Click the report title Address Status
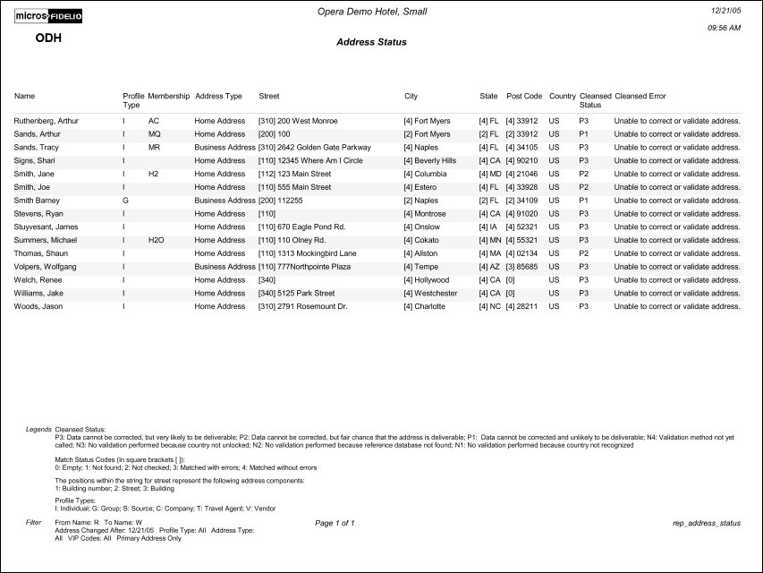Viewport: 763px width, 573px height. (x=371, y=42)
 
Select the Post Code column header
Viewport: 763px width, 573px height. (x=524, y=96)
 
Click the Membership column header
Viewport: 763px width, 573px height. (x=168, y=96)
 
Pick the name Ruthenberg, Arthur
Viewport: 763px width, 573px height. (x=47, y=120)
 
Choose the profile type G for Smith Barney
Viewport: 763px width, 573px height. (x=125, y=201)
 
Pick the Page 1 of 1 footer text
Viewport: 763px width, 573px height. (x=335, y=522)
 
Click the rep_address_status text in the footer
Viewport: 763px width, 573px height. (x=706, y=522)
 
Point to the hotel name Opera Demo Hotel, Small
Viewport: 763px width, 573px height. (x=371, y=10)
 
